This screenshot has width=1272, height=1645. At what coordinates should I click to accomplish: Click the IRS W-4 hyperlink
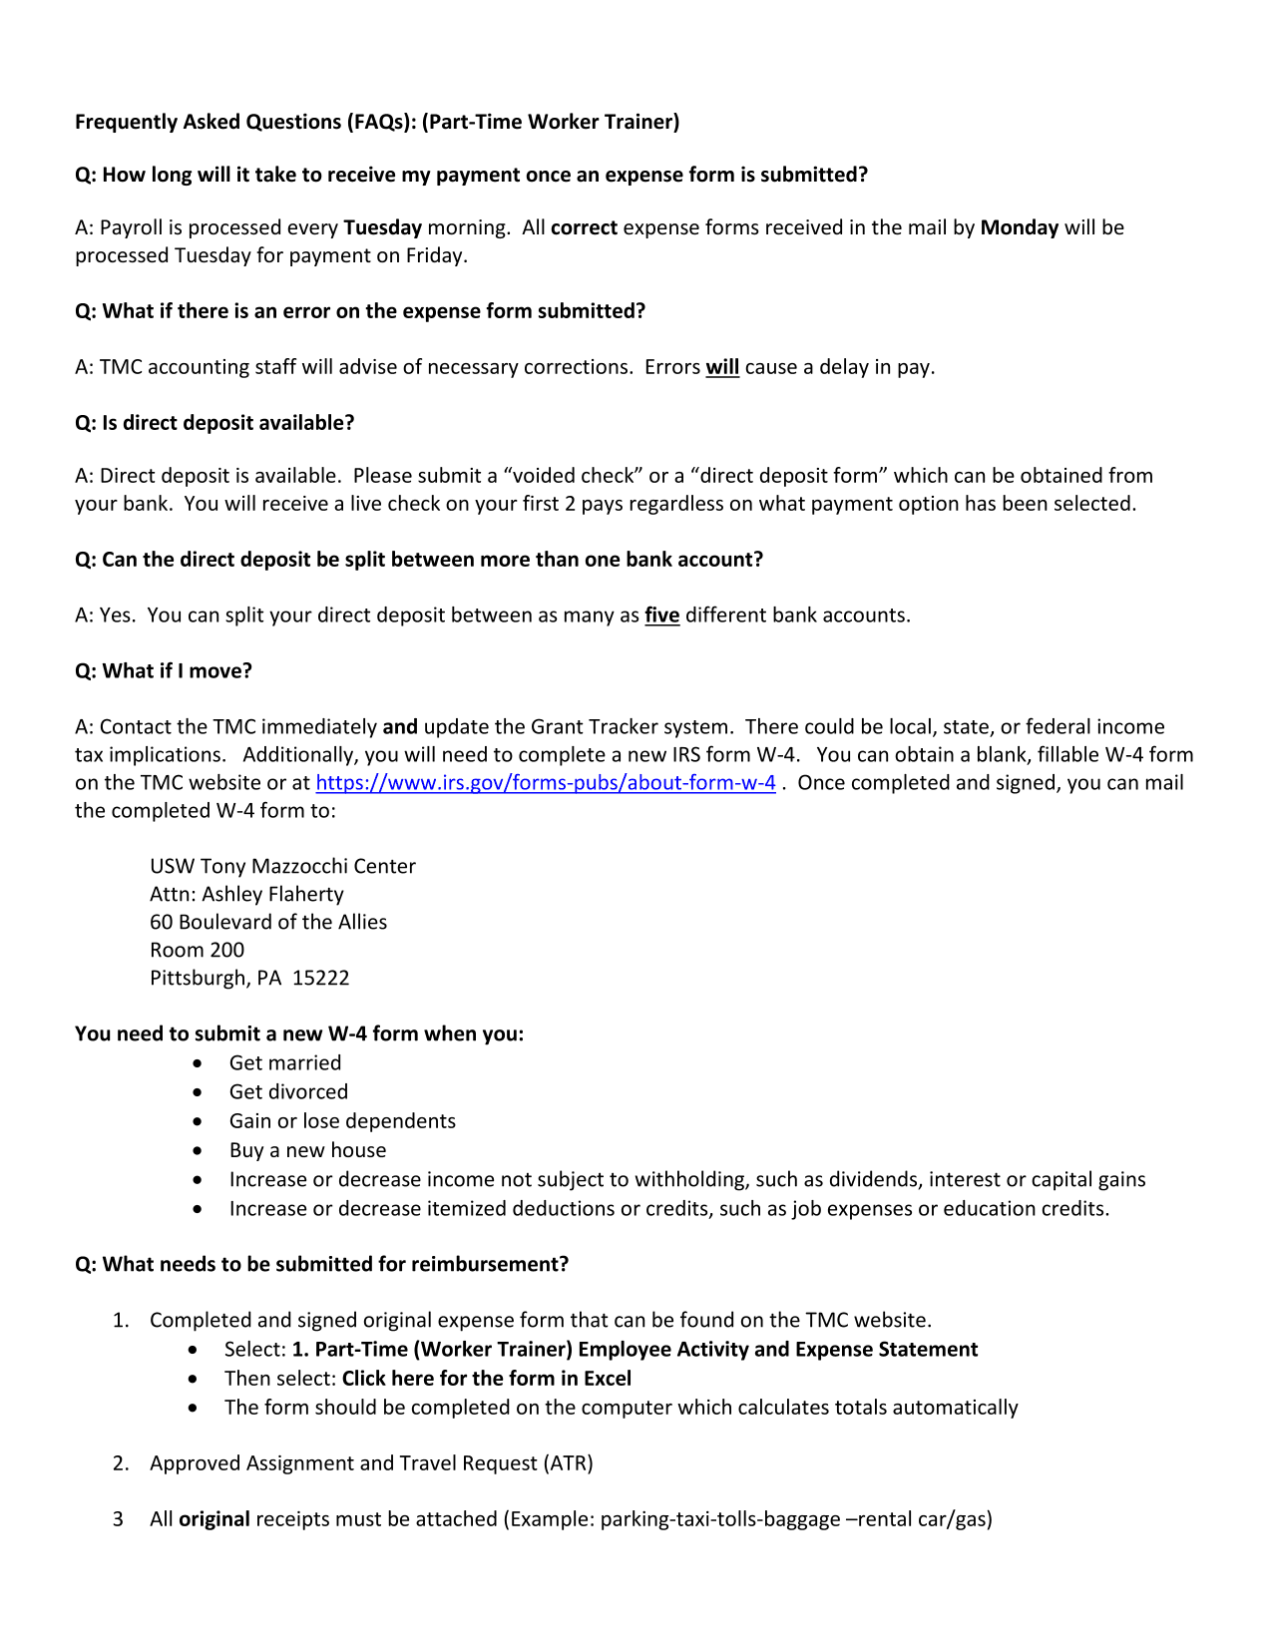pos(545,783)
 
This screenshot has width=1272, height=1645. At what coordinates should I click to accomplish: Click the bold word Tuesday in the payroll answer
pos(382,227)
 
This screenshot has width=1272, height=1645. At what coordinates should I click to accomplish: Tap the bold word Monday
pos(1019,227)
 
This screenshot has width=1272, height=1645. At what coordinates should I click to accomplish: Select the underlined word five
pos(661,616)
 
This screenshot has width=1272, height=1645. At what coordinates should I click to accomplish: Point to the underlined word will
pos(722,367)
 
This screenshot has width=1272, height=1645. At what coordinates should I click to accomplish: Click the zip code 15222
pos(320,978)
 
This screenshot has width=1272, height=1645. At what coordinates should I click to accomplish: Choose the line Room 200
pos(197,950)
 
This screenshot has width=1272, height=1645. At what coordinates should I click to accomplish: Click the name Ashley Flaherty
pos(272,894)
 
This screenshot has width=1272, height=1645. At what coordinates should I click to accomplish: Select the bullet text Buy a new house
pos(307,1150)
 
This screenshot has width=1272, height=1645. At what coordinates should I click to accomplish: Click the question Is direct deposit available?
pos(214,423)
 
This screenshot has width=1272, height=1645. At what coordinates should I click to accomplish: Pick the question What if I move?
pos(164,671)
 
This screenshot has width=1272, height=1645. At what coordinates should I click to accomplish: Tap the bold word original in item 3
pos(213,1519)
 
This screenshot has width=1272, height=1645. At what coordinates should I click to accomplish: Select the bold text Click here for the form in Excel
pos(486,1379)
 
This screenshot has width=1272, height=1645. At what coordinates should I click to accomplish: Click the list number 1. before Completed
pos(121,1321)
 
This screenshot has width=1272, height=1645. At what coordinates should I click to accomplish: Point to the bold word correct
pos(584,227)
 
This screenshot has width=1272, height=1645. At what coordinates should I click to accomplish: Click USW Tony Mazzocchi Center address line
pos(282,866)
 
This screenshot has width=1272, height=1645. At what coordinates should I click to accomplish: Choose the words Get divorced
pos(288,1092)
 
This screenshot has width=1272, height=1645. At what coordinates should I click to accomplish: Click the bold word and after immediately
pos(400,727)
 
